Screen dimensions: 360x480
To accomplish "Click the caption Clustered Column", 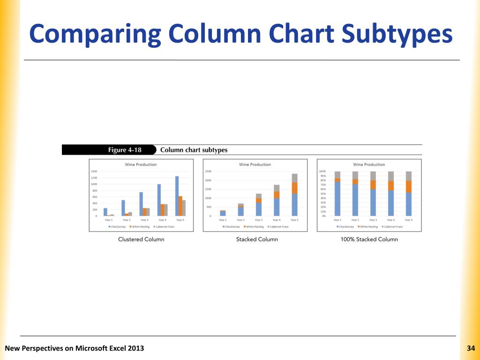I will pyautogui.click(x=141, y=239).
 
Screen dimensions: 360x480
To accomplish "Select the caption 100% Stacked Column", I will pyautogui.click(x=369, y=239).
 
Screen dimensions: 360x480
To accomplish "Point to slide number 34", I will pyautogui.click(x=471, y=348).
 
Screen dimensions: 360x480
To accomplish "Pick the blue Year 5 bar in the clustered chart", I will pyautogui.click(x=177, y=196).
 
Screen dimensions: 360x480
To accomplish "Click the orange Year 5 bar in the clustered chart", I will pyautogui.click(x=180, y=206).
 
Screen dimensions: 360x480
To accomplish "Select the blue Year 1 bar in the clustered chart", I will pyautogui.click(x=105, y=212).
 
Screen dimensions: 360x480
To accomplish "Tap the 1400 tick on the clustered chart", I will pyautogui.click(x=94, y=172).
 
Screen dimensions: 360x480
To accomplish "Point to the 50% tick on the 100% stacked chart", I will pyautogui.click(x=323, y=194).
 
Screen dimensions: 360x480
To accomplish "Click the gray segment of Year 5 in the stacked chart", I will pyautogui.click(x=294, y=178).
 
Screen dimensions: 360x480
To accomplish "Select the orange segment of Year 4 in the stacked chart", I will pyautogui.click(x=277, y=195).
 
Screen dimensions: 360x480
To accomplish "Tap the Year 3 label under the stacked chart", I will pyautogui.click(x=259, y=220).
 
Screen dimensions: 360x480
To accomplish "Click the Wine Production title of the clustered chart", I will pyautogui.click(x=141, y=165).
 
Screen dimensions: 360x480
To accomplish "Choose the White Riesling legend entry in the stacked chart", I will pyautogui.click(x=255, y=226).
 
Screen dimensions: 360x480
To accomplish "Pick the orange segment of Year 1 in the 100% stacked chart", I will pyautogui.click(x=337, y=180).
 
